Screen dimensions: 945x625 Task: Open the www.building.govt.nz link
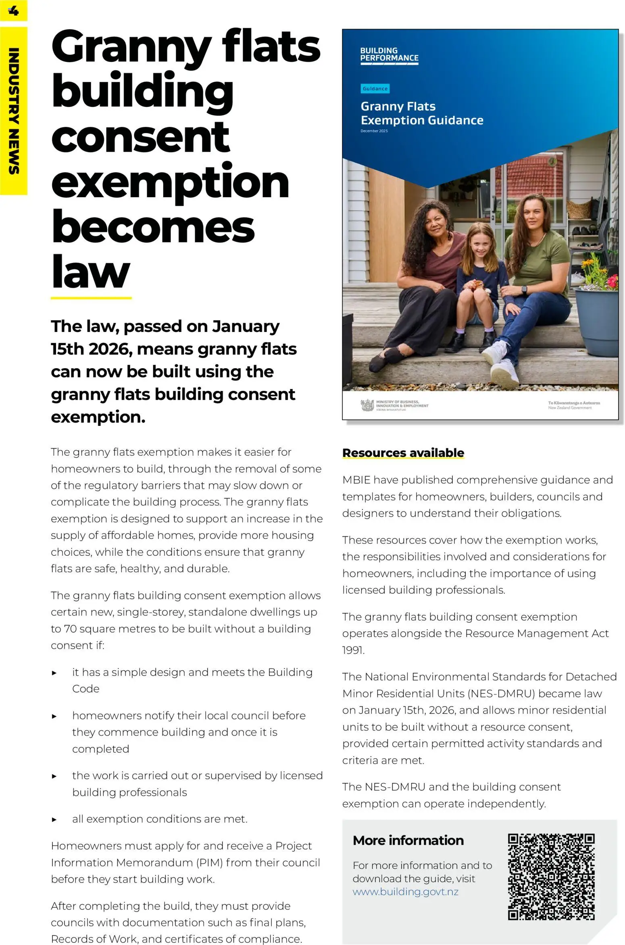tap(405, 891)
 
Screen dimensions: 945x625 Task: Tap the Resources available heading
tap(403, 453)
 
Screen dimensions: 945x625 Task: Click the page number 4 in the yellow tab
tap(13, 10)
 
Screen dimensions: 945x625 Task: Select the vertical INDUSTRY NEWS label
tap(14, 111)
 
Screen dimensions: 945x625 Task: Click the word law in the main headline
tap(91, 272)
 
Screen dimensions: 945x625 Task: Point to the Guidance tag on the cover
tap(375, 88)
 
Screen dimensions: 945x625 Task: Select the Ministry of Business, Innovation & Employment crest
tap(367, 405)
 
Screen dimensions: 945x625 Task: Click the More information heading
tap(408, 840)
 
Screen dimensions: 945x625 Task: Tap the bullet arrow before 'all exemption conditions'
tap(54, 820)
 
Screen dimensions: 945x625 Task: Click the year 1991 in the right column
tap(353, 650)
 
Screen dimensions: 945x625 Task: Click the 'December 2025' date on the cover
tap(374, 131)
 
